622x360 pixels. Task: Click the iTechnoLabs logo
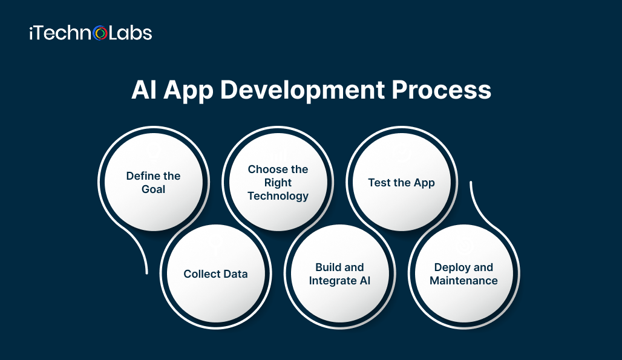tap(90, 33)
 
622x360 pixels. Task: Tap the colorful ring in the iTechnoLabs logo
tap(101, 33)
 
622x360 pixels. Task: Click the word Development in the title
tap(301, 90)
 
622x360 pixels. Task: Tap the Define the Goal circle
tap(153, 182)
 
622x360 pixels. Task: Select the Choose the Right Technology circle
tap(278, 182)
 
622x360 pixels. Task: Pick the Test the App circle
tap(401, 182)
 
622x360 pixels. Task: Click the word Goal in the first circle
tap(153, 189)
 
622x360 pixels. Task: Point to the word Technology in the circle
tap(278, 196)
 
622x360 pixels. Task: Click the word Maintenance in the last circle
tap(463, 281)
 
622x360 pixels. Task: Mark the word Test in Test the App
tap(379, 183)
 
